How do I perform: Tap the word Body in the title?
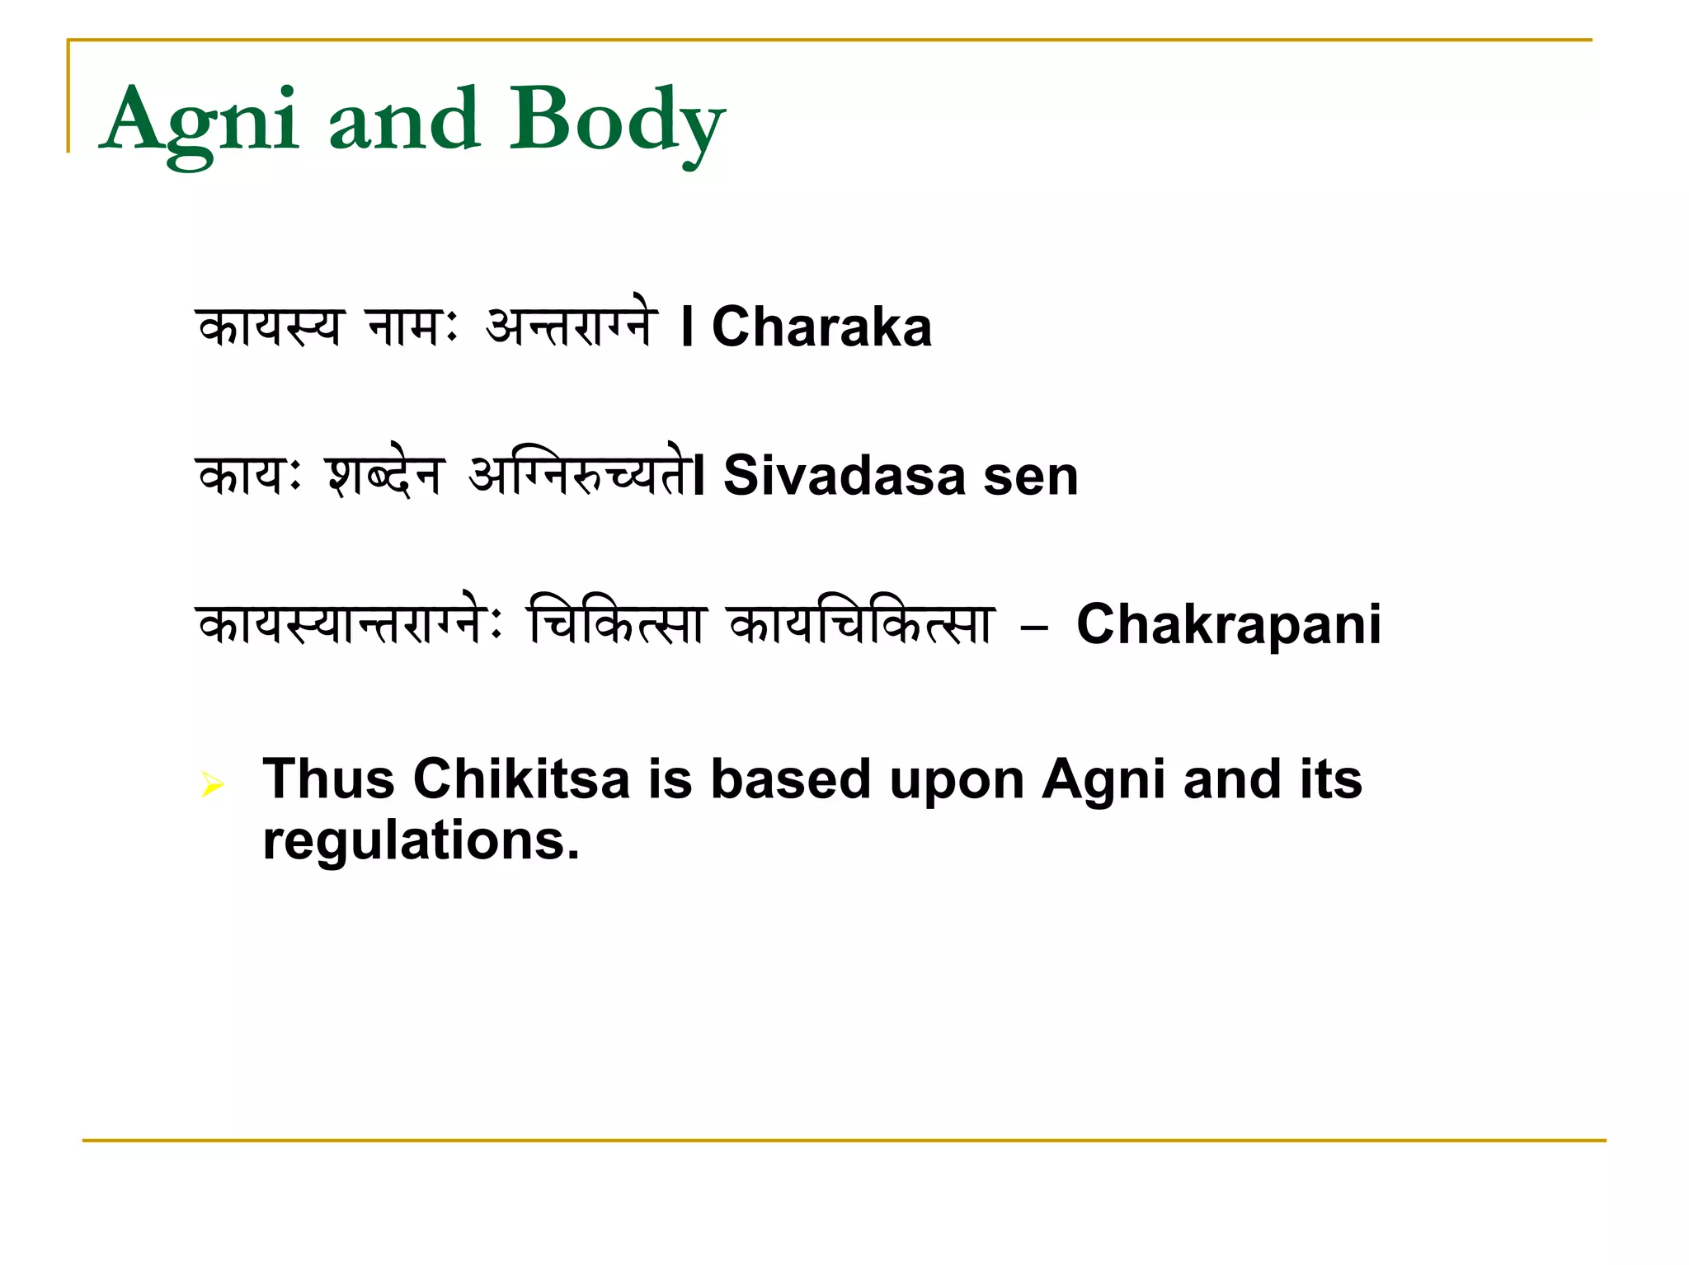617,122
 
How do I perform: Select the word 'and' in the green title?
404,122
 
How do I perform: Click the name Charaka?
821,327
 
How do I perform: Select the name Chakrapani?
1229,625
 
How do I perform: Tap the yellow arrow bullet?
212,783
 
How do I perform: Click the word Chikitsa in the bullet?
521,779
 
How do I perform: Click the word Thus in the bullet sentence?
328,779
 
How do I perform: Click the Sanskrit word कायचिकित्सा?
862,625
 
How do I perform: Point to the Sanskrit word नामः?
412,327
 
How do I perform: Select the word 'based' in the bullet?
790,779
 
